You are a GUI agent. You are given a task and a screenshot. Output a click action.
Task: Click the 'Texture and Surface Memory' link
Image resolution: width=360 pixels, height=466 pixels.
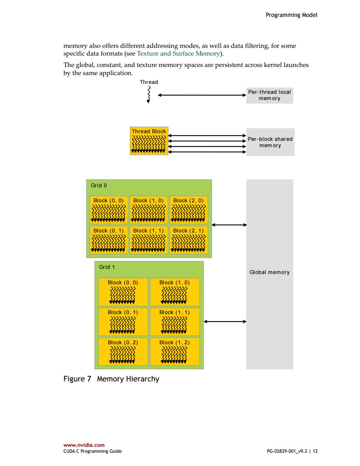click(178, 53)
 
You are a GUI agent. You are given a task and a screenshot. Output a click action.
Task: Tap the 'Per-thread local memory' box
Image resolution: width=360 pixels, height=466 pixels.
click(270, 95)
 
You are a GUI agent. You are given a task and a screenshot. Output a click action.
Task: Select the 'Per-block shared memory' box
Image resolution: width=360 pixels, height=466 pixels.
click(270, 142)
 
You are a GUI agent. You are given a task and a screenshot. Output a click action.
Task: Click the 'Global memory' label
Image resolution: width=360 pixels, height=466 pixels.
click(270, 272)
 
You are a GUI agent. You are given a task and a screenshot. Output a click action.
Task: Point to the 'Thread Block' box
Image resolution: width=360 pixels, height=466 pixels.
click(149, 140)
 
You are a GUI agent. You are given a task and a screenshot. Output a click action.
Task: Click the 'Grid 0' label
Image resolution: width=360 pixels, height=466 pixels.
click(99, 185)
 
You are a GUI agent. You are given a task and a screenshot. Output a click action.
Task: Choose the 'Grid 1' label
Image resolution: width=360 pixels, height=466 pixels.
click(107, 267)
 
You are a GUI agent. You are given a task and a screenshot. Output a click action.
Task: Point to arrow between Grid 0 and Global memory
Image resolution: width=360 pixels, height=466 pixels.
click(229, 225)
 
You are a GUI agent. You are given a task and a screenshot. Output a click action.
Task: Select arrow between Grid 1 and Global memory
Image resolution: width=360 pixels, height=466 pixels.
click(225, 321)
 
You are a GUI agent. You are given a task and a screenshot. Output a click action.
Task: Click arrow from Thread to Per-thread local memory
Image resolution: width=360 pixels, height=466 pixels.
click(202, 95)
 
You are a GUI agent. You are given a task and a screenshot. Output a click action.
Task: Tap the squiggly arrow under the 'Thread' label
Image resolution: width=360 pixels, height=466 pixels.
click(149, 95)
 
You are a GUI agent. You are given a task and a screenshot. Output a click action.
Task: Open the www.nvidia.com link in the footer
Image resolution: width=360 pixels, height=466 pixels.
click(84, 445)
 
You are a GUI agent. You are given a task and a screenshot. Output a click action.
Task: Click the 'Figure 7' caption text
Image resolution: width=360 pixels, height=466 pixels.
click(77, 379)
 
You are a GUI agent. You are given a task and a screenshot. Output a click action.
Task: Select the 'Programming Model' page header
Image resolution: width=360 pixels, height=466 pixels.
click(292, 15)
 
